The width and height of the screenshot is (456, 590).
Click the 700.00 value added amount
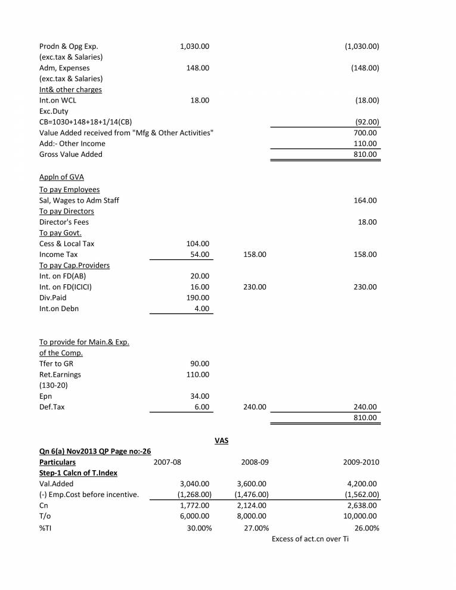(x=365, y=133)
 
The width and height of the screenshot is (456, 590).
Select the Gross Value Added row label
(x=70, y=154)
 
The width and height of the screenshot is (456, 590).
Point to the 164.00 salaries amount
(x=365, y=201)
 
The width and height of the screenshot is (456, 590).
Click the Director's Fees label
(x=64, y=222)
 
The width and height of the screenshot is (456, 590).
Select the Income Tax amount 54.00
(x=200, y=254)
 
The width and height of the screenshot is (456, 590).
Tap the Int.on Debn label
(x=58, y=308)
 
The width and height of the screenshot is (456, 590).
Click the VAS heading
(x=222, y=441)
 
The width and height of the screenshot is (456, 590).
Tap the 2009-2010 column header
(x=361, y=462)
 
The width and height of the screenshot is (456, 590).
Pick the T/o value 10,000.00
(x=359, y=516)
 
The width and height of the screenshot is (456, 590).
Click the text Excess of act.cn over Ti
(x=310, y=539)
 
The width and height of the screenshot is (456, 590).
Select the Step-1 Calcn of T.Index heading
(x=78, y=473)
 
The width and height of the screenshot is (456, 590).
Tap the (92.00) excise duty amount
(x=367, y=122)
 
